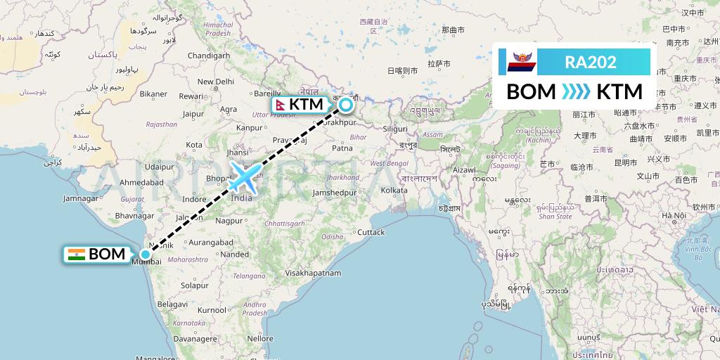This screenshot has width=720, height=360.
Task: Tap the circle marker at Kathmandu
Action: tap(346, 105)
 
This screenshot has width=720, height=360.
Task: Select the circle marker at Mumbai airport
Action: tap(146, 255)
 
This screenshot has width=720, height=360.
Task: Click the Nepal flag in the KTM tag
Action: tap(281, 105)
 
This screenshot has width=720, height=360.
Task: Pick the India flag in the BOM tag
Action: tap(77, 255)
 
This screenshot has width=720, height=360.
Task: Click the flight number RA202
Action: tap(591, 62)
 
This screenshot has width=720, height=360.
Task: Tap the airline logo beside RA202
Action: tap(522, 61)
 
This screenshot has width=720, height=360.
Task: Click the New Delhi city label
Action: tap(215, 82)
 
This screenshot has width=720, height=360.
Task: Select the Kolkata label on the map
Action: tap(394, 191)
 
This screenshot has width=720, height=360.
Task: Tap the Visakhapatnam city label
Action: tap(313, 272)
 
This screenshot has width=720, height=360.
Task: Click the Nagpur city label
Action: tap(229, 221)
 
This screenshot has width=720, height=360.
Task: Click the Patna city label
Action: tap(342, 148)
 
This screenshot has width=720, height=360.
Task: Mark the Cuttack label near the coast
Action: tap(371, 232)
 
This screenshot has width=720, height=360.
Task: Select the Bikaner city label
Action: tap(153, 94)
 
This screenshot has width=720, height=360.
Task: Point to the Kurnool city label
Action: tap(212, 310)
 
